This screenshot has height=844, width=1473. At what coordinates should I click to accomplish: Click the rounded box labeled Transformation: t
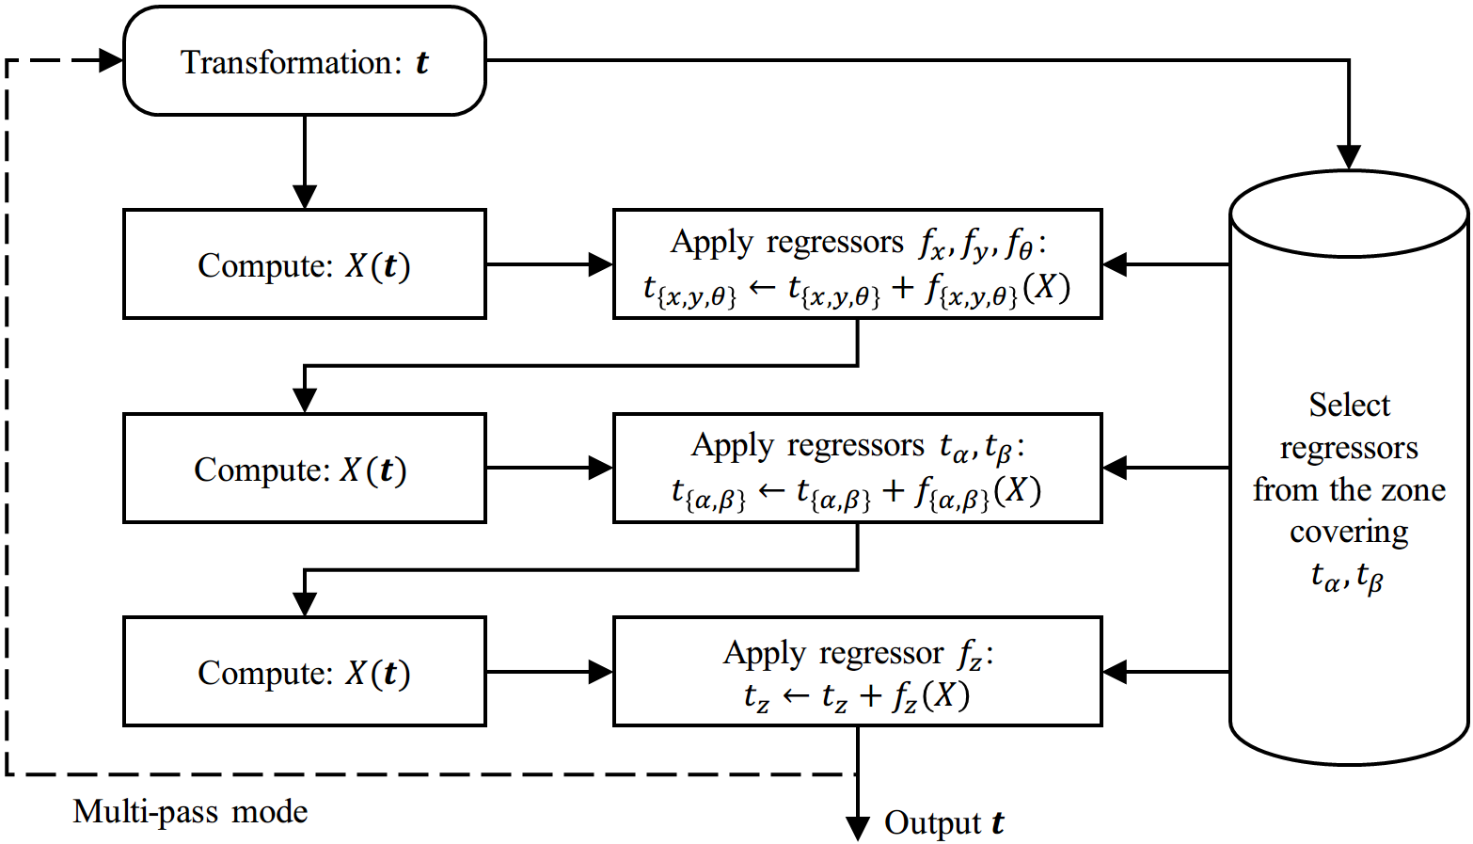pos(305,61)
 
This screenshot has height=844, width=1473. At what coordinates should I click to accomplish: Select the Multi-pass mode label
pos(190,812)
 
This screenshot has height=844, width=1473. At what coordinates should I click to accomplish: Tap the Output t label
pos(944,822)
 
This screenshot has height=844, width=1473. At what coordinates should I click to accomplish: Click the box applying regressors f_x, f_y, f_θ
pos(858,264)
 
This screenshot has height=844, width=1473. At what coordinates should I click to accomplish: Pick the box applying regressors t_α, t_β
pos(858,469)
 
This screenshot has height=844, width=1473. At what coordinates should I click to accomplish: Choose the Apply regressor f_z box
pos(858,672)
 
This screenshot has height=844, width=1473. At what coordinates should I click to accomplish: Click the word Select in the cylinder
pos(1350,405)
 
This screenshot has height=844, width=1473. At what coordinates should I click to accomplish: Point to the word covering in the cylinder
pos(1350,532)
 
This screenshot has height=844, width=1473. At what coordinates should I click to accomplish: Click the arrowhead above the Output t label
pos(858,829)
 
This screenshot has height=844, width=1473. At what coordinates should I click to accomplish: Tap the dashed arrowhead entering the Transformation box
pos(111,60)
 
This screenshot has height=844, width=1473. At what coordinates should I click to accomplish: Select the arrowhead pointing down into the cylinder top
pos(1350,158)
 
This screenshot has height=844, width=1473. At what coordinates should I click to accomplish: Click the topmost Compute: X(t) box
pos(305,264)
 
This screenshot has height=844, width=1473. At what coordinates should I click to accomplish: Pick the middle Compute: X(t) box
pos(305,469)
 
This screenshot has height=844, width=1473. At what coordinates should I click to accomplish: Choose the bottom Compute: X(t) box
pos(305,672)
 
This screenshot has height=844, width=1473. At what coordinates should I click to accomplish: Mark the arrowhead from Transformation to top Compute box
pos(305,197)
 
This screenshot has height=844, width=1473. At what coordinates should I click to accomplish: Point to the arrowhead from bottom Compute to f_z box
pos(600,672)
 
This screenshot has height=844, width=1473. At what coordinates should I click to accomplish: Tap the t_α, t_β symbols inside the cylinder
pos(1348,578)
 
